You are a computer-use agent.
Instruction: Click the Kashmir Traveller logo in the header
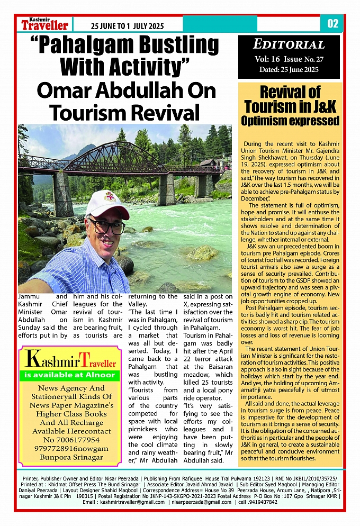45,24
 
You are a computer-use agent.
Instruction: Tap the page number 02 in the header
332,24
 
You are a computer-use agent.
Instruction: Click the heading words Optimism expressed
290,121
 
